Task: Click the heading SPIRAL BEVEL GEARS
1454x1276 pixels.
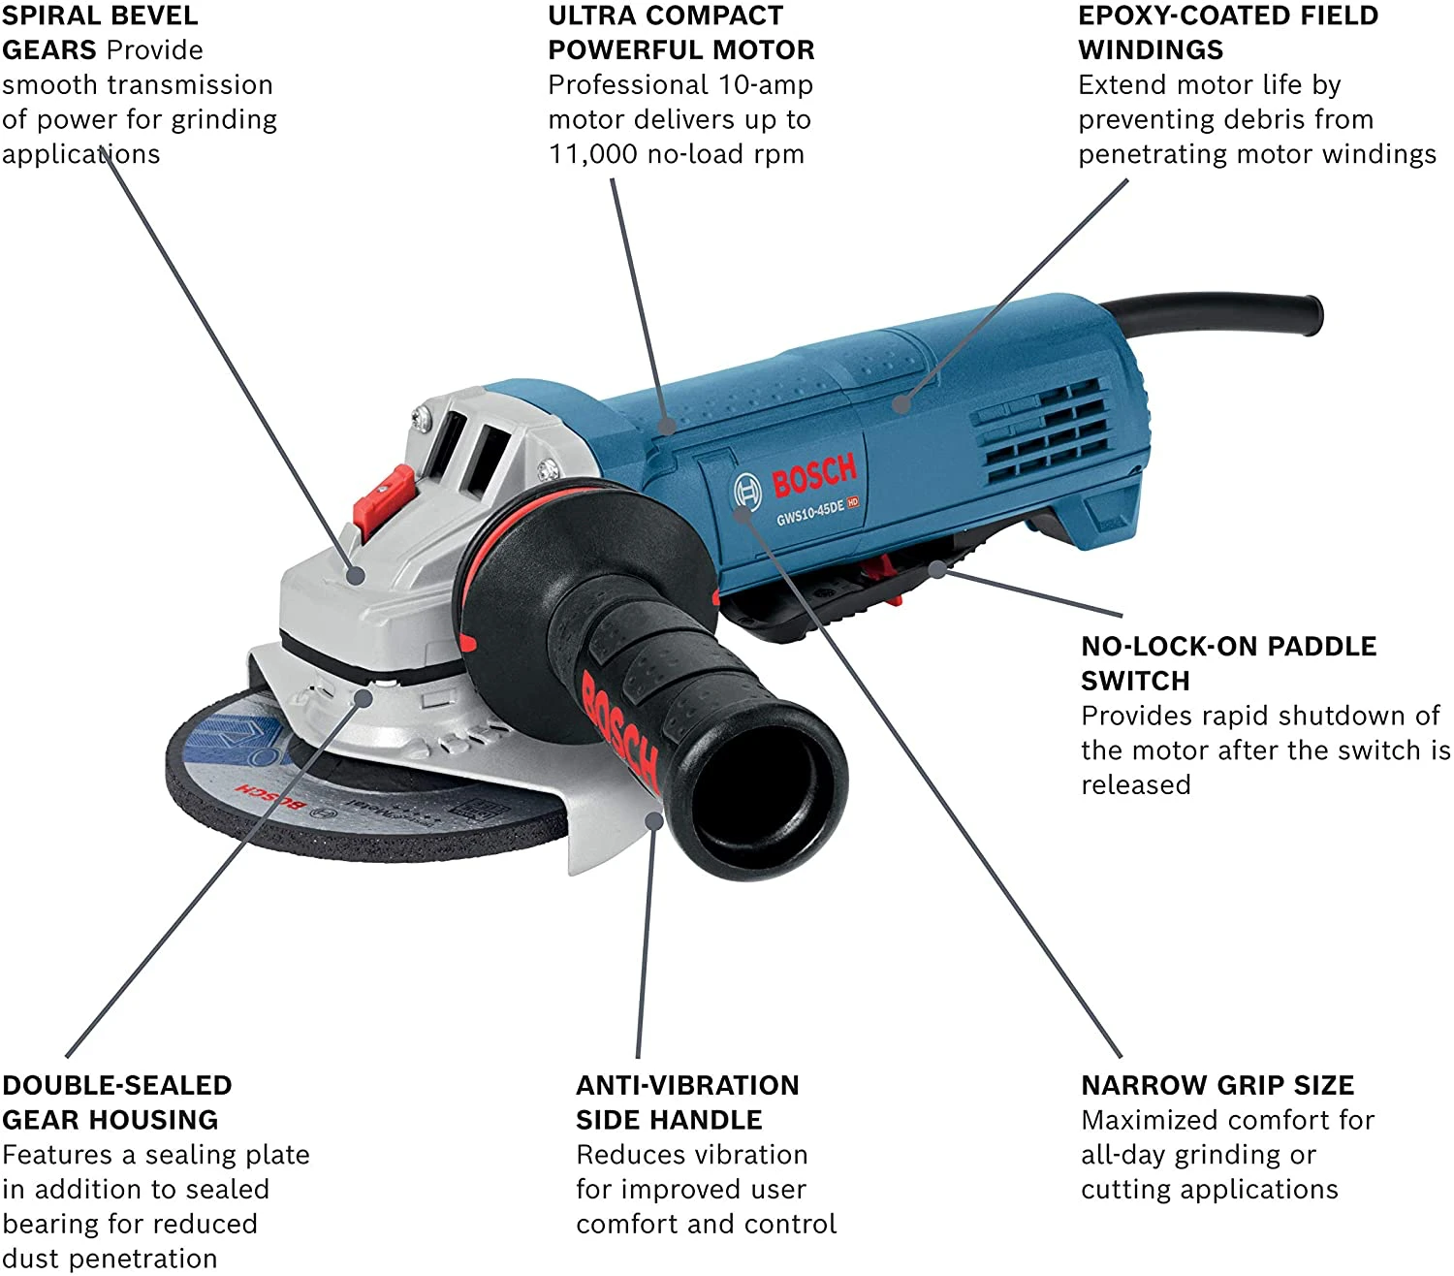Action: pos(100,32)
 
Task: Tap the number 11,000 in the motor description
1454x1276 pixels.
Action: pos(592,154)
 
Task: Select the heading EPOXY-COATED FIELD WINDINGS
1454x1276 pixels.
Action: pos(1227,32)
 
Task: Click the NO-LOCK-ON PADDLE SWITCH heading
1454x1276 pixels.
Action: pos(1228,663)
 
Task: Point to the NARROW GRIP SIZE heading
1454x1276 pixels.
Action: pos(1217,1085)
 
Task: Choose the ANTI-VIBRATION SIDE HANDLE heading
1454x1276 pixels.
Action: pos(687,1102)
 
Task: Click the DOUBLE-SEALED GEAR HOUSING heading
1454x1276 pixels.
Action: pos(116,1102)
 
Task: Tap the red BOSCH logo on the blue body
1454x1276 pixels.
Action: pos(814,474)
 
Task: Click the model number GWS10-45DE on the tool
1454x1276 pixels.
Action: pos(809,512)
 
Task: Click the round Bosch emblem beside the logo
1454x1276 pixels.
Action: pos(746,492)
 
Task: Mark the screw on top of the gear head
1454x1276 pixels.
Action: pos(421,419)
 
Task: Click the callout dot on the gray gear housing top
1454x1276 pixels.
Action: pos(356,576)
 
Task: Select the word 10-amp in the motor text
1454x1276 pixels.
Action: pos(765,85)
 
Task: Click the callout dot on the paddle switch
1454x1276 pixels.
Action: pos(937,569)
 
